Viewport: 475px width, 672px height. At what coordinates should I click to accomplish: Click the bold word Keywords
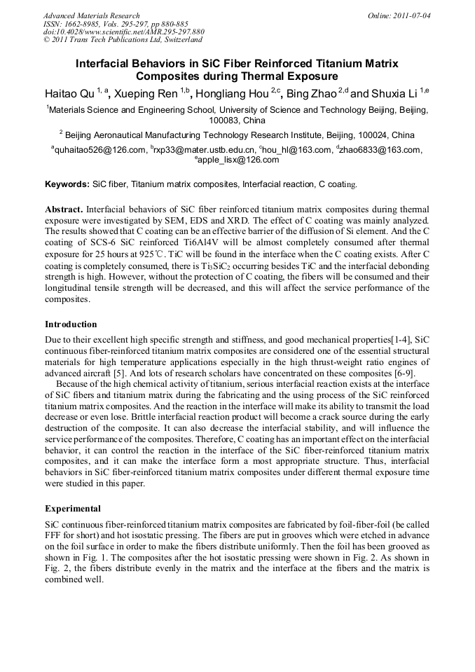click(x=67, y=184)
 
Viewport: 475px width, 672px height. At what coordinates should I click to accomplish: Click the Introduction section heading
click(x=71, y=324)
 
